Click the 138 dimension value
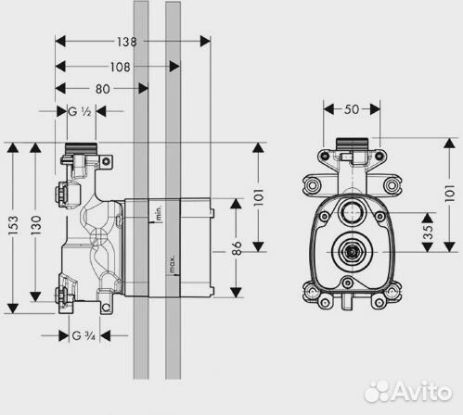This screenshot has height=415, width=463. tap(128, 42)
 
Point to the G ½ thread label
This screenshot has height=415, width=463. tap(81, 112)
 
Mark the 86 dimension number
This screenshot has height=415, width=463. tap(238, 249)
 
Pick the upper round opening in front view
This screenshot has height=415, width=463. tap(352, 209)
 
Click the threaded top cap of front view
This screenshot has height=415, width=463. tap(352, 145)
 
